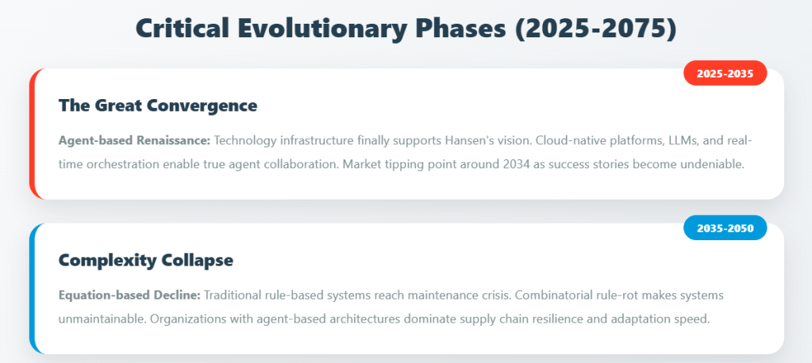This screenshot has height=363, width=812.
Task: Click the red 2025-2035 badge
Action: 725,74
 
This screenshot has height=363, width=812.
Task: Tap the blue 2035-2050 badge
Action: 725,228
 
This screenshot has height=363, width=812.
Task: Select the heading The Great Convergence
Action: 158,105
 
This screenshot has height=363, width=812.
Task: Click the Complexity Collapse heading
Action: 146,260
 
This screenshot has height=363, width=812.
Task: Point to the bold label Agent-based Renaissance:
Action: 135,140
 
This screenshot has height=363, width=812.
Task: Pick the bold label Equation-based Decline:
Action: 129,296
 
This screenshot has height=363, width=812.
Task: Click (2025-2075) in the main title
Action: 595,29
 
